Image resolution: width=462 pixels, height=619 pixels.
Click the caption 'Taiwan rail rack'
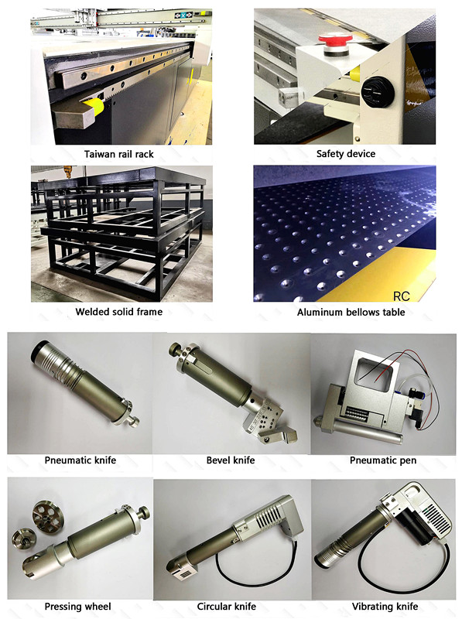[x=118, y=154]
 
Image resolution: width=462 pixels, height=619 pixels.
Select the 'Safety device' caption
[x=345, y=154]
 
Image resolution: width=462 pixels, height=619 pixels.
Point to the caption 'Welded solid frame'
[x=118, y=313]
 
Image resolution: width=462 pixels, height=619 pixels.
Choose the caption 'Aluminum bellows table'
[x=345, y=313]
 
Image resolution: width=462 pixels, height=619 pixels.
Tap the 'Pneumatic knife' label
[x=80, y=460]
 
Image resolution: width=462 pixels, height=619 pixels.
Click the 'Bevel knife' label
[x=231, y=460]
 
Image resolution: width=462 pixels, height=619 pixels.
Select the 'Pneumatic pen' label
[x=382, y=460]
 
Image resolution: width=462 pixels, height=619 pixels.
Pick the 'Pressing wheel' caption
[x=77, y=607]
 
